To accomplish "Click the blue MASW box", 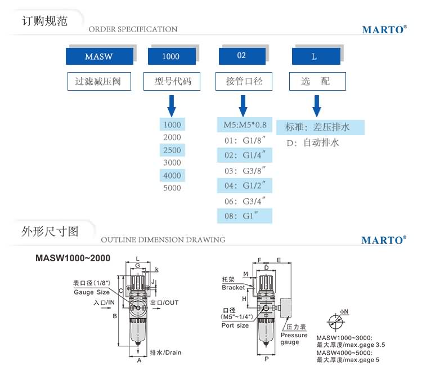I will coord(100,56).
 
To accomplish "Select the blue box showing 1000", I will coord(172,56).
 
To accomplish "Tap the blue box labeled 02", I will coord(243,56).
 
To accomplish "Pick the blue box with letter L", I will coord(316,56).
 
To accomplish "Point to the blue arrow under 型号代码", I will coord(172,105).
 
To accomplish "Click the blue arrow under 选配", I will coord(317,105).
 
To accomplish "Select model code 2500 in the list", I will coord(172,150).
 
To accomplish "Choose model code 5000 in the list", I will coord(172,188).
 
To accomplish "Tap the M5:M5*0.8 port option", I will coord(245,125).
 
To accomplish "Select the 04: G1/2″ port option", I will coord(245,185).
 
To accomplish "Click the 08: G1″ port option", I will coord(245,216).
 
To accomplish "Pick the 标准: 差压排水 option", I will coord(325,127).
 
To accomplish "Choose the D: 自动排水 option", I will coord(313,143).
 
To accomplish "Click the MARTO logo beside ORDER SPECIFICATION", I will coord(384,29).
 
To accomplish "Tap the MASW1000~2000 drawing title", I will coord(73,258).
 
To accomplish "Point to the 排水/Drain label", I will coord(166,353).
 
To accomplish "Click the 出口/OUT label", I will coord(165,303).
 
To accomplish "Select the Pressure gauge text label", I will coord(294,338).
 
